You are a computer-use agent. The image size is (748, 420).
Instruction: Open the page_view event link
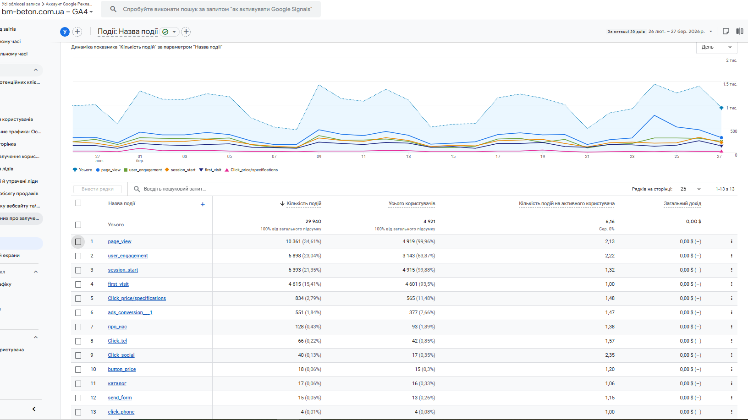pyautogui.click(x=120, y=242)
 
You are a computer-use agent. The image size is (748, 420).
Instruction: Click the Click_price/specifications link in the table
pyautogui.click(x=137, y=299)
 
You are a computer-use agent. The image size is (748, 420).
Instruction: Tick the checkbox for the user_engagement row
pyautogui.click(x=78, y=256)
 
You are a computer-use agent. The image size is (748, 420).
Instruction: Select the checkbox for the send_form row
pyautogui.click(x=78, y=398)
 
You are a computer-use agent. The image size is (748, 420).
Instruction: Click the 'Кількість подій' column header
pyautogui.click(x=304, y=204)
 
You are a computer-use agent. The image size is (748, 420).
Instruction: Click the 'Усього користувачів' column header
pyautogui.click(x=412, y=204)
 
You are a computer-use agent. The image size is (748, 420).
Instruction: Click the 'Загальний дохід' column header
pyautogui.click(x=682, y=204)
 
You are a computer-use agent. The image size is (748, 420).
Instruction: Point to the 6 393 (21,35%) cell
pyautogui.click(x=305, y=270)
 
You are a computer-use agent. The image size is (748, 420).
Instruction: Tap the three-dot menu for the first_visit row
pyautogui.click(x=731, y=284)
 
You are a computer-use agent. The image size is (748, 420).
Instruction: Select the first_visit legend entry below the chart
pyautogui.click(x=213, y=170)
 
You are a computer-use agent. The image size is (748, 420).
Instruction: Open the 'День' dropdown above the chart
pyautogui.click(x=716, y=47)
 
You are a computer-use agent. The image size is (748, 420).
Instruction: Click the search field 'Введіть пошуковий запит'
pyautogui.click(x=175, y=189)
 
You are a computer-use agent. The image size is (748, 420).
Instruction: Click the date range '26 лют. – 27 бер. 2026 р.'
pyautogui.click(x=676, y=32)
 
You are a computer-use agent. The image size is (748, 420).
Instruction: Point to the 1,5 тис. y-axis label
pyautogui.click(x=730, y=84)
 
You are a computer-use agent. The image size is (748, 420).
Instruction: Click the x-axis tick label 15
pyautogui.click(x=453, y=157)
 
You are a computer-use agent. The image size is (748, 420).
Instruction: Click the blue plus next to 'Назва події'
pyautogui.click(x=203, y=204)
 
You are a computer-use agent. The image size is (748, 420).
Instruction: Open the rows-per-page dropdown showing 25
pyautogui.click(x=691, y=189)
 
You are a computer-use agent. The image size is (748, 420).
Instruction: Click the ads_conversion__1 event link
pyautogui.click(x=130, y=313)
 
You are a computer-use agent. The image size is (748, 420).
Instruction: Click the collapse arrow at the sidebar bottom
pyautogui.click(x=34, y=409)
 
